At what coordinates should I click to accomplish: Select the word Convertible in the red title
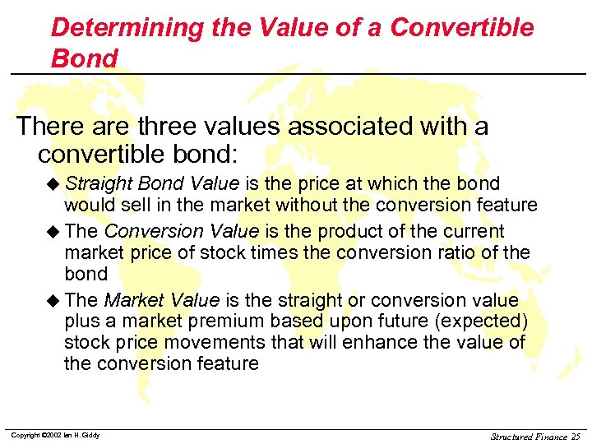pyautogui.click(x=462, y=28)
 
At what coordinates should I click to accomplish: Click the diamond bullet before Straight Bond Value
pyautogui.click(x=54, y=183)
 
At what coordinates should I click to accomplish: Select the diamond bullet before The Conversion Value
pyautogui.click(x=54, y=232)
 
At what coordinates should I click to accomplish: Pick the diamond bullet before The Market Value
pyautogui.click(x=54, y=301)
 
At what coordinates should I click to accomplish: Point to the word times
pyautogui.click(x=271, y=252)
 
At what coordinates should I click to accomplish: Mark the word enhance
pyautogui.click(x=386, y=342)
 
